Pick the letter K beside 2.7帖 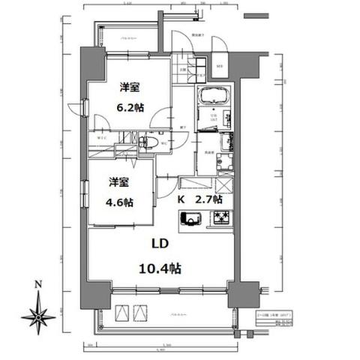pos(181,200)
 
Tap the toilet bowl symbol pos(149,140)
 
